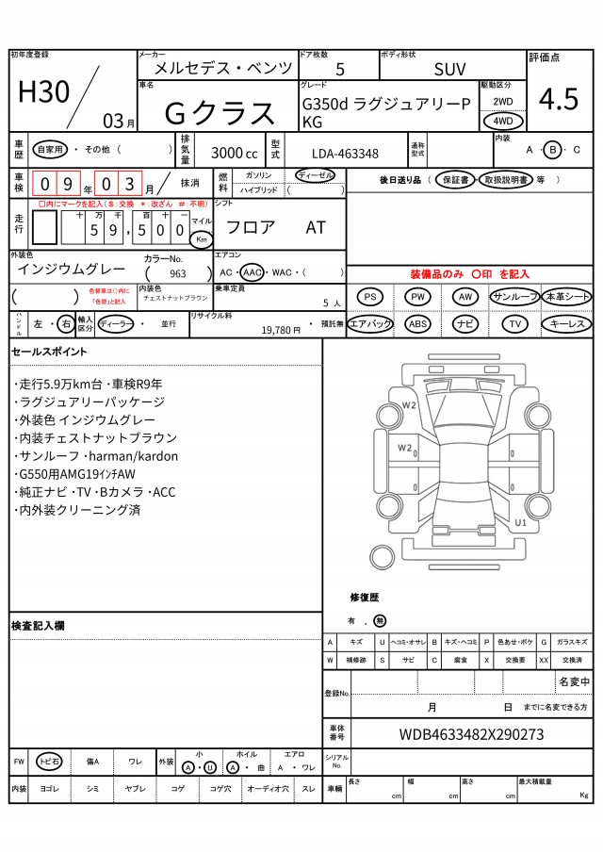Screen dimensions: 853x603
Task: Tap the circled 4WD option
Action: (503, 121)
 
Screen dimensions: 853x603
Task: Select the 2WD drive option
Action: (503, 100)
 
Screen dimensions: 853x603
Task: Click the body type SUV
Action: (449, 69)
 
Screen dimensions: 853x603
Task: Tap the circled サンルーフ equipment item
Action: (514, 297)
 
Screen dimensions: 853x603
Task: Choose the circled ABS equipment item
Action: (417, 323)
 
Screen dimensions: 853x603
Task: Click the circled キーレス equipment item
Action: (566, 323)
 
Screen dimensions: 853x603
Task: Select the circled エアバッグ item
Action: (370, 323)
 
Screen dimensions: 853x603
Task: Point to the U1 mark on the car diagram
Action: (520, 520)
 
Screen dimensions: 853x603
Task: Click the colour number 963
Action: (178, 273)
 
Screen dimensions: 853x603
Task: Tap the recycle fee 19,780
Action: (281, 329)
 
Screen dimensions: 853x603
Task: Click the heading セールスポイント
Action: (49, 352)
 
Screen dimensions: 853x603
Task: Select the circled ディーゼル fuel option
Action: (314, 175)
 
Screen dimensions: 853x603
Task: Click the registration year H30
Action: (44, 91)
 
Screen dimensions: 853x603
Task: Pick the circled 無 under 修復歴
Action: (379, 621)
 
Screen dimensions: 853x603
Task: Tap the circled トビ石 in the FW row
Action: (49, 762)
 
